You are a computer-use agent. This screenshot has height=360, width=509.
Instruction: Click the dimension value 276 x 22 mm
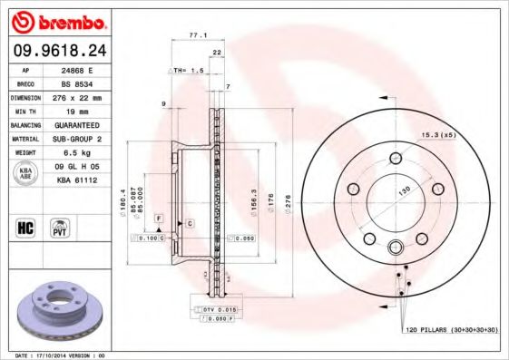[75, 97]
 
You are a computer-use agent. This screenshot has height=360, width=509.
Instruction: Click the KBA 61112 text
[75, 180]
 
